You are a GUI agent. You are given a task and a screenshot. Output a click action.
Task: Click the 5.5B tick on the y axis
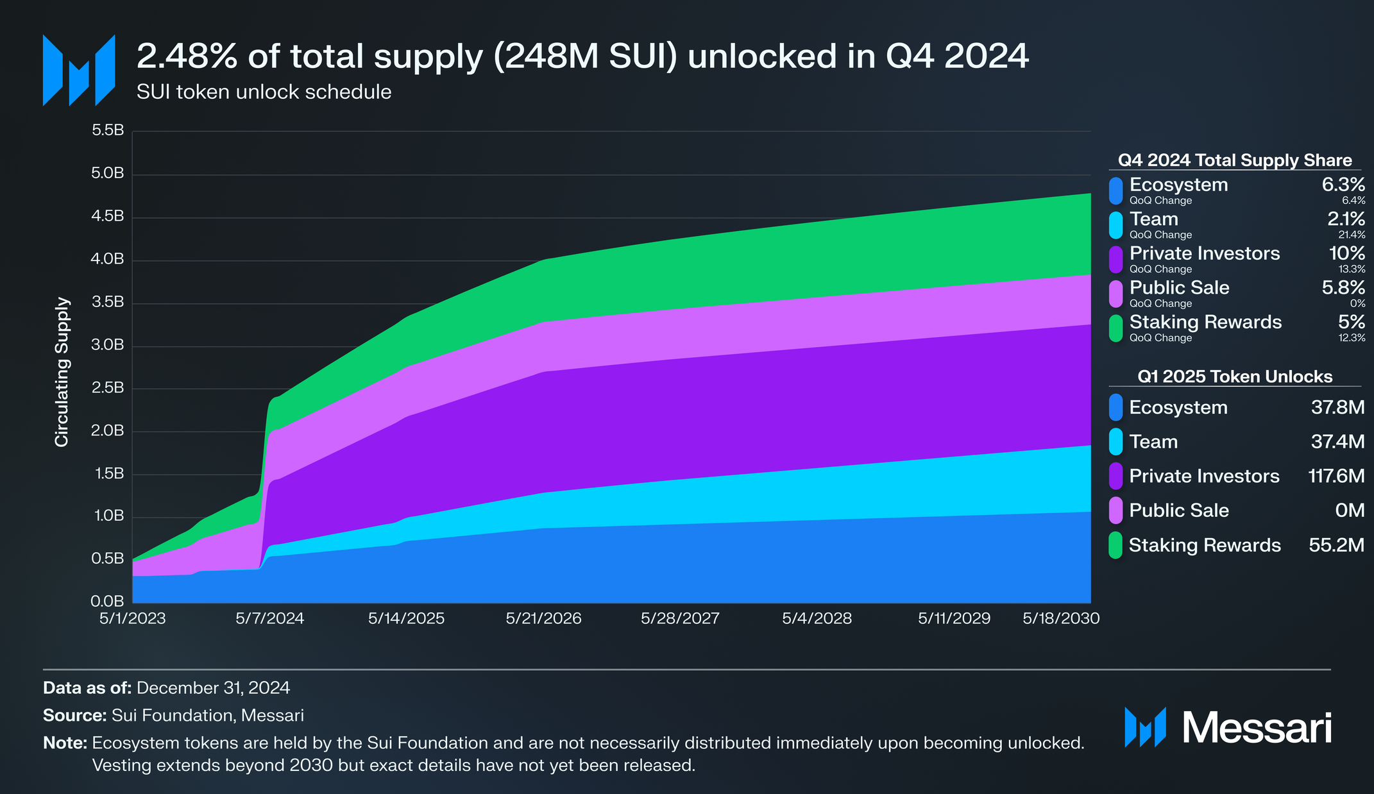[x=108, y=131]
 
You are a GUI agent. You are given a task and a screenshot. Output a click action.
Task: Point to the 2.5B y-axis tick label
[x=108, y=388]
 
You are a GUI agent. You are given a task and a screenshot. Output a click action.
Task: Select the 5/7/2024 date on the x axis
[x=269, y=618]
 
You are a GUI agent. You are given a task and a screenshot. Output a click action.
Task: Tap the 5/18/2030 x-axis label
[x=1061, y=618]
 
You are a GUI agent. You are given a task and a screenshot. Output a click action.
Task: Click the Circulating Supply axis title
[x=62, y=372]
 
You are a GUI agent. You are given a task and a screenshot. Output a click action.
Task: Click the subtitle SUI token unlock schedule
[x=264, y=92]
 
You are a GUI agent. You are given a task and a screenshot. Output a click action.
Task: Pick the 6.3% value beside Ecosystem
[x=1343, y=185]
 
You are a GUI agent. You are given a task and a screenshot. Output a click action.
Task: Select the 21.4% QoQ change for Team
[x=1352, y=235]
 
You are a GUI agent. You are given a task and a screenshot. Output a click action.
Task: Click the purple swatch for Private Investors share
[x=1115, y=259]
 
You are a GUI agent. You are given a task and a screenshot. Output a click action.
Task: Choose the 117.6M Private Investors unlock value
[x=1336, y=476]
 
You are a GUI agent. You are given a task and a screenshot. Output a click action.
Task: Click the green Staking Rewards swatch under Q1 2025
[x=1115, y=545]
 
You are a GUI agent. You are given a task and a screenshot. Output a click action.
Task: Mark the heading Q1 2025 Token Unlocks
[x=1234, y=376]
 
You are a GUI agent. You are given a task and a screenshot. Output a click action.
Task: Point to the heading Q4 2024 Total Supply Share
[x=1234, y=160]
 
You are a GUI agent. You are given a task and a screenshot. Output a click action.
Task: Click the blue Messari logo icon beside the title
[x=79, y=71]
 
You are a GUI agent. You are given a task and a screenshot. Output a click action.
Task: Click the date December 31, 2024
[x=213, y=688]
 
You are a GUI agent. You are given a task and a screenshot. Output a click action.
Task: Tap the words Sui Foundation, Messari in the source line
[x=207, y=716]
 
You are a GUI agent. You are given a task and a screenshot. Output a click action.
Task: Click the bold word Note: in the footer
[x=65, y=743]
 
